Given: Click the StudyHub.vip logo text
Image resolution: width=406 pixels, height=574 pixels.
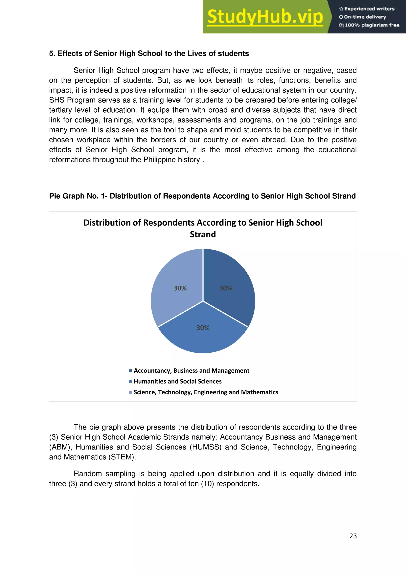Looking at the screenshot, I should (x=265, y=17).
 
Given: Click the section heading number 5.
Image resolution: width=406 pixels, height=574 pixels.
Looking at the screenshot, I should (x=51, y=54).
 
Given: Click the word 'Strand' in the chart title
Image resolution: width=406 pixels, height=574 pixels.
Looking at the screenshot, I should (x=203, y=234).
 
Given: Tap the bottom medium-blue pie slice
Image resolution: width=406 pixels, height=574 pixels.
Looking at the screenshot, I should (x=203, y=338).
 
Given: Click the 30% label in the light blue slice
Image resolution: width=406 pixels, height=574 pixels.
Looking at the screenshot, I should (x=180, y=288).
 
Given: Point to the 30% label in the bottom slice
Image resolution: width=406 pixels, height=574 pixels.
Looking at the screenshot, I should (x=203, y=328).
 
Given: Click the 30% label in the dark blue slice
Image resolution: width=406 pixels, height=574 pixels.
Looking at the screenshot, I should (x=226, y=288).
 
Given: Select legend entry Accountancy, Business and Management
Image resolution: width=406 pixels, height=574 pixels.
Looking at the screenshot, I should (x=191, y=370).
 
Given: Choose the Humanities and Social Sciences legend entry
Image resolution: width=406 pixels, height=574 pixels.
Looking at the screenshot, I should (x=177, y=381).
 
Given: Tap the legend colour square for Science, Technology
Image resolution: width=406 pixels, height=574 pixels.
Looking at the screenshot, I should (x=130, y=392).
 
